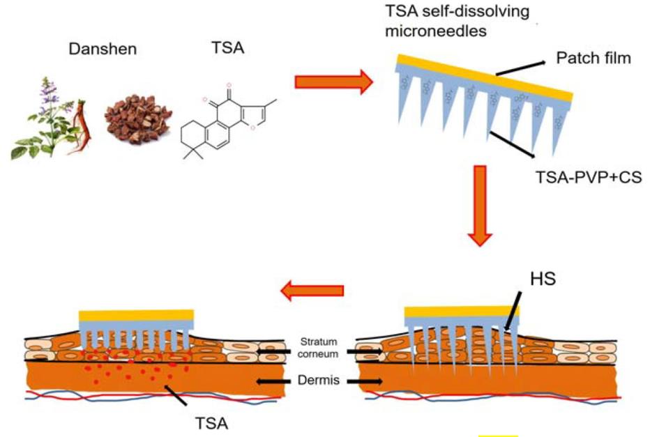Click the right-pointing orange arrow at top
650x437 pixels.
[333, 82]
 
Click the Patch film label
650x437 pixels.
[593, 59]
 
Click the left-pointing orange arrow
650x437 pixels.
[312, 289]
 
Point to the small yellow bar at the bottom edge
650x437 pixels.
[498, 434]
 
